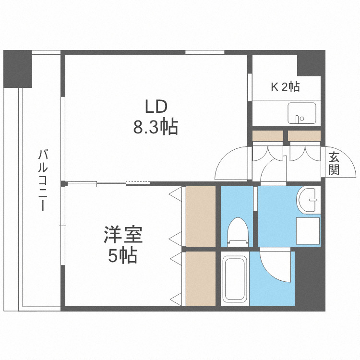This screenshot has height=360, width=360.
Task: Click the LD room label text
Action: click(156, 107)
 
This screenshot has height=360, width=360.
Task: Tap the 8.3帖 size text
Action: click(156, 127)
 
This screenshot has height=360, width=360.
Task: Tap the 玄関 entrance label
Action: click(335, 163)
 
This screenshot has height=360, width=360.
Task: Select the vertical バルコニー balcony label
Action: click(43, 180)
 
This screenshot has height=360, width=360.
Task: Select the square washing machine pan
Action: click(307, 231)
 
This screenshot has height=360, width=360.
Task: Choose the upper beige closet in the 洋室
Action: click(201, 216)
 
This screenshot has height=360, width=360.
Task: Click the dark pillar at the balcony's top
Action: click(18, 69)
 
